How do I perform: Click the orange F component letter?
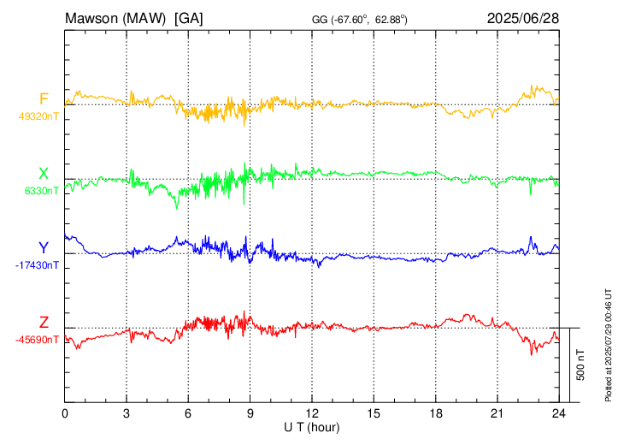[44, 99]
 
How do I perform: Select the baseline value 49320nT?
[38, 116]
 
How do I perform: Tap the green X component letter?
[44, 174]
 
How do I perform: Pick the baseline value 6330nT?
[42, 191]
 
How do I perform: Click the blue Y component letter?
[44, 248]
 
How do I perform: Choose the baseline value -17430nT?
[37, 265]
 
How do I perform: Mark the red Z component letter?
[44, 323]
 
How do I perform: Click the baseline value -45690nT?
[37, 340]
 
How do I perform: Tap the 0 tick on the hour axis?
[65, 414]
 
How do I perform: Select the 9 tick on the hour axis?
[250, 414]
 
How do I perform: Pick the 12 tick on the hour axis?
[311, 414]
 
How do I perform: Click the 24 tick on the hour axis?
[557, 414]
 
